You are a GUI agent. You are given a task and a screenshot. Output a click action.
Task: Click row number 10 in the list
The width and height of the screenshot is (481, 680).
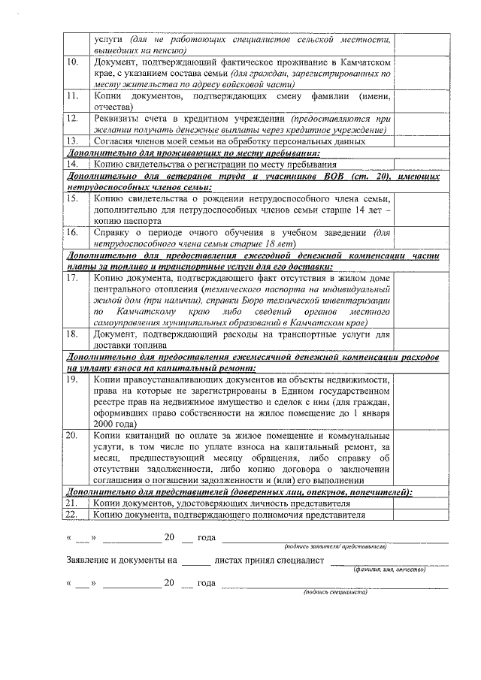pos(73,62)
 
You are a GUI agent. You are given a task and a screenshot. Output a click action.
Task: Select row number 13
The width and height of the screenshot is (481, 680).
pos(73,141)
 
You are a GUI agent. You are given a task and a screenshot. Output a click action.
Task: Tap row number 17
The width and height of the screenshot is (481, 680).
pos(73,278)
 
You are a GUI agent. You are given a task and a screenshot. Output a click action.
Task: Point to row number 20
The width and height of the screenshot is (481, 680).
pos(73,436)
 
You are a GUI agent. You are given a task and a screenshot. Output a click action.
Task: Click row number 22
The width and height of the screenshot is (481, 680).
pos(73,515)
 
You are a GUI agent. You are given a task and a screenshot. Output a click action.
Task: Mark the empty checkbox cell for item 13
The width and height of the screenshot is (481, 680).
pos(421,141)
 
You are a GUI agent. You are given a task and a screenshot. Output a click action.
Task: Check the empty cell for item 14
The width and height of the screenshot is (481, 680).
pos(421,163)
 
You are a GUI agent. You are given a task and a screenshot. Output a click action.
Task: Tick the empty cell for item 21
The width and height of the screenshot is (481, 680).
pos(421,503)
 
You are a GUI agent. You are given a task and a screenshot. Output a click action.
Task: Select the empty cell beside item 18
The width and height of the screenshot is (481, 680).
pos(421,339)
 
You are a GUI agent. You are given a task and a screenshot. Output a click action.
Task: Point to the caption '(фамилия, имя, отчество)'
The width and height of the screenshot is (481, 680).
pos(390,569)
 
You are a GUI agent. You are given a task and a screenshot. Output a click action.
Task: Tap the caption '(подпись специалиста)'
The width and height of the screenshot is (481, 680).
pos(335,591)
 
